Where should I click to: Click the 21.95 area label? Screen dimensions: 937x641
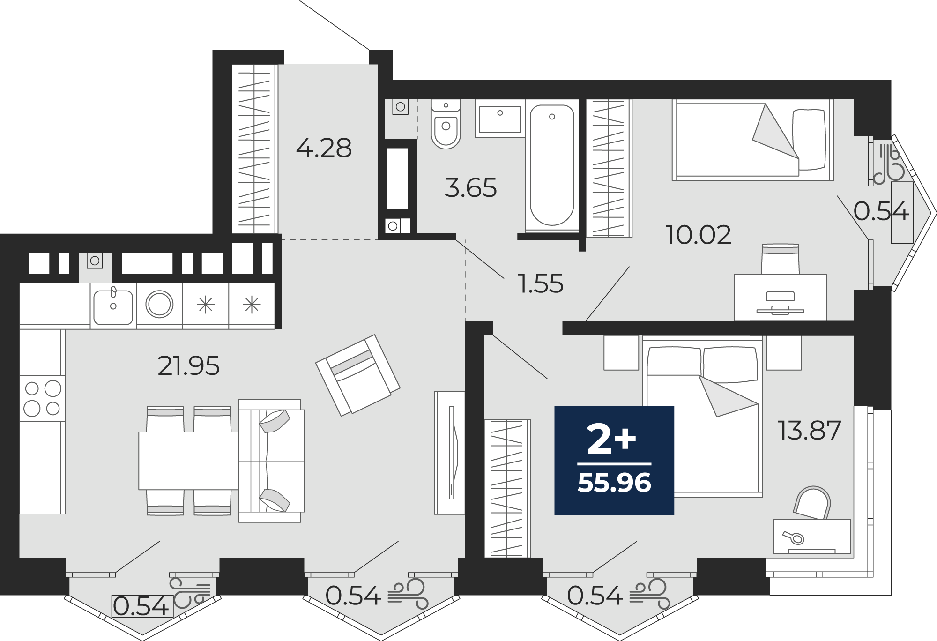(x=188, y=366)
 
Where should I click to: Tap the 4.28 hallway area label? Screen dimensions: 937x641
(x=324, y=148)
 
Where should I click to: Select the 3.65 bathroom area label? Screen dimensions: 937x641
(x=470, y=188)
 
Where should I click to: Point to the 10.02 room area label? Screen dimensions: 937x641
(x=698, y=235)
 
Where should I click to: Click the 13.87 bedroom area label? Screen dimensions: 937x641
(x=809, y=431)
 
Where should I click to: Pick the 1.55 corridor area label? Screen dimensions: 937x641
(x=541, y=283)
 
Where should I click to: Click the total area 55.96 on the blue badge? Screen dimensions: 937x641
(x=614, y=483)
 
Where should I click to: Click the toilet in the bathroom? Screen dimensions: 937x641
(x=446, y=124)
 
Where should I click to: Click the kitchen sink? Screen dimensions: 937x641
(x=113, y=306)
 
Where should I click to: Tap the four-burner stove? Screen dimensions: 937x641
(x=42, y=398)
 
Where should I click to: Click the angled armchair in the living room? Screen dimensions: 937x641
(x=358, y=375)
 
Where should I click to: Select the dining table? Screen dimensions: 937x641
(x=189, y=461)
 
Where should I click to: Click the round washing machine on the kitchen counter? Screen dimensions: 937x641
(x=159, y=304)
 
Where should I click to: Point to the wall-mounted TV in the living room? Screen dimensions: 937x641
(x=452, y=452)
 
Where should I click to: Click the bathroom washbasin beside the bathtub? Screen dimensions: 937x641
(x=500, y=119)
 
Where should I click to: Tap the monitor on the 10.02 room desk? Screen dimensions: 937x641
(x=780, y=303)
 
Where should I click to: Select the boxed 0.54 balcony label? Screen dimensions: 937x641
(x=142, y=606)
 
